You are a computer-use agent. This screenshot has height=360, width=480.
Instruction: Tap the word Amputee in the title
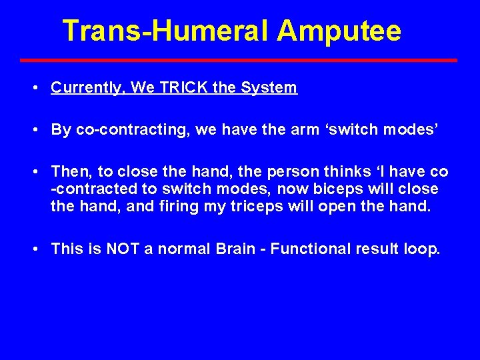tap(339, 31)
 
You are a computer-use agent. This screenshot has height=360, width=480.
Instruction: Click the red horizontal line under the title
tap(239, 60)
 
